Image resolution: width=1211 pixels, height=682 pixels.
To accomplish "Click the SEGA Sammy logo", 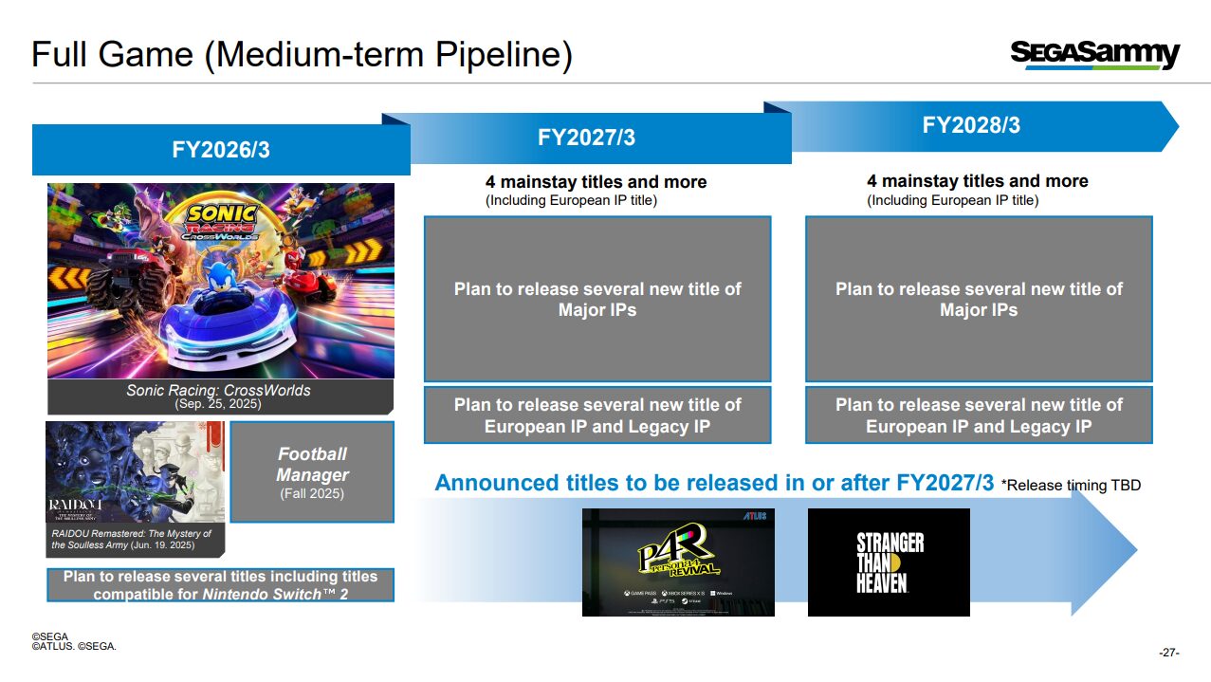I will [1094, 54].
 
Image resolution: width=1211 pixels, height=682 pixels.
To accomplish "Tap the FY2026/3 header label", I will [221, 150].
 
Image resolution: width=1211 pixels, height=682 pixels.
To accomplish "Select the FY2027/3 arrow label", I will [586, 138].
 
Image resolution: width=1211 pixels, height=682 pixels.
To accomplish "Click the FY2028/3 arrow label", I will [971, 125].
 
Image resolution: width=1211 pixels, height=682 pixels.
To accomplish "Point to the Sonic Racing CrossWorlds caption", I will [219, 396].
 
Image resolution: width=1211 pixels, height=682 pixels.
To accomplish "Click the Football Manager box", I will [312, 471].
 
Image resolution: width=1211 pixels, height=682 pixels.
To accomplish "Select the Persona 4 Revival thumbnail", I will [678, 562].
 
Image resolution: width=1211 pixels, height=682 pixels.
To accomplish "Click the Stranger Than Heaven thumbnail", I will [889, 562].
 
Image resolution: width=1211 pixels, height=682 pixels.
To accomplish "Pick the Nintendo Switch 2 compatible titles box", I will [220, 585].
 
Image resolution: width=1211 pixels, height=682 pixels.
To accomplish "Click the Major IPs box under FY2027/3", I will [597, 299].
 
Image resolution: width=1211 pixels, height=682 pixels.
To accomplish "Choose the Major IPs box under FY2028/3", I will [979, 299].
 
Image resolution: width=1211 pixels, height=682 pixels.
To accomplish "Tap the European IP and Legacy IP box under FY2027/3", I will [597, 415].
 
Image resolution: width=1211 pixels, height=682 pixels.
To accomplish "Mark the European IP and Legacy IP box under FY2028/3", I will [979, 415].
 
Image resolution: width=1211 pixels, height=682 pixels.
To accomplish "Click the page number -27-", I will [1168, 653].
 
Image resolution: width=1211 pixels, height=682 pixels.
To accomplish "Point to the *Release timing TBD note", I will [1071, 486].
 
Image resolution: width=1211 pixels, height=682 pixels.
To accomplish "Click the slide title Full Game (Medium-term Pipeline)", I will [302, 55].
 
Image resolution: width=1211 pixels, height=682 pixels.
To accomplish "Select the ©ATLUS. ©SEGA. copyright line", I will [74, 647].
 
